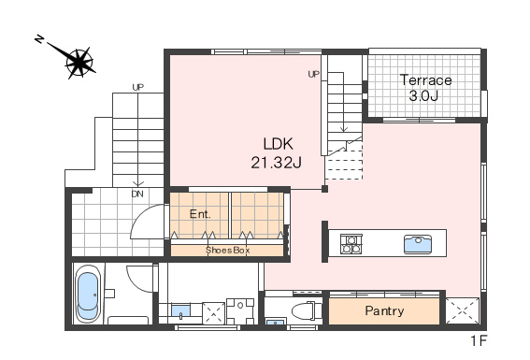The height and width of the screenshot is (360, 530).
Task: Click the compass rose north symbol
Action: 79,63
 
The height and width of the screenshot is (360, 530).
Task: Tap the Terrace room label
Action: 426,80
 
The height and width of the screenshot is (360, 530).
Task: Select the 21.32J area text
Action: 276,163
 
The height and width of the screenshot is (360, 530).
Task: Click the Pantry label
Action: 384,311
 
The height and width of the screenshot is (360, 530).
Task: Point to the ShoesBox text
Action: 227,251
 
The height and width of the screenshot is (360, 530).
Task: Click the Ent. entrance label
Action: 200,214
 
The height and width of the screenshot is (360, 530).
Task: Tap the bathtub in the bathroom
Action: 88,295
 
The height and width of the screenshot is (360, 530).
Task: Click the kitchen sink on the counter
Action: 418,244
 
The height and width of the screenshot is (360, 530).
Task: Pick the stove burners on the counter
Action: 351,244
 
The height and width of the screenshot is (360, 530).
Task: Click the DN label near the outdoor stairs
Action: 137,194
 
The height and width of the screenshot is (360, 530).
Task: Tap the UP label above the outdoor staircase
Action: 138,88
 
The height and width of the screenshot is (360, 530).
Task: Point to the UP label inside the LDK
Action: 314,74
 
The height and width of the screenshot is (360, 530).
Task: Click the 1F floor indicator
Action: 479,341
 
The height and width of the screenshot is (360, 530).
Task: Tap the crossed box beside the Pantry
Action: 463,310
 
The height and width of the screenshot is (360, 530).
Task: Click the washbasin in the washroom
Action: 180,311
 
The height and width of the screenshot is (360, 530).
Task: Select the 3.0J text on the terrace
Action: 423,95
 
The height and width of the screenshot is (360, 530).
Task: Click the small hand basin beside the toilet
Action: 276,322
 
